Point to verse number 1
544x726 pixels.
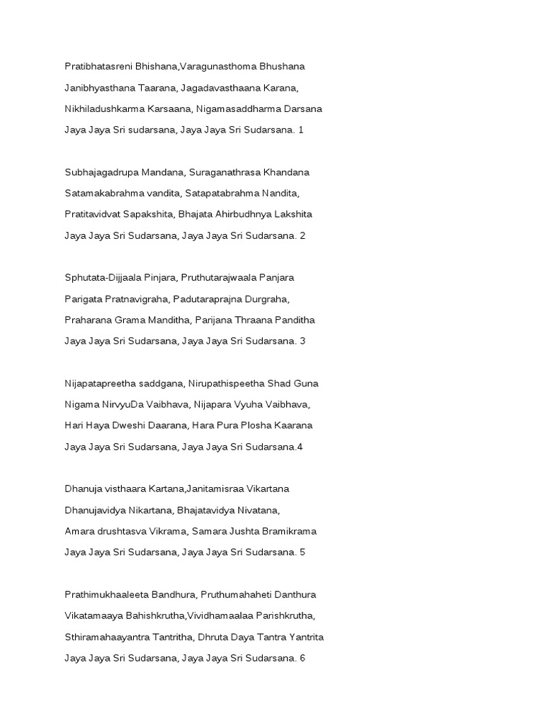coord(300,130)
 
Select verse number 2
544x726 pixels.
coord(302,235)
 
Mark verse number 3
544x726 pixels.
coord(302,341)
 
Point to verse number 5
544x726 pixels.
coord(302,552)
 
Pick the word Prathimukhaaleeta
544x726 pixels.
coord(106,595)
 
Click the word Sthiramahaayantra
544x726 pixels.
coord(108,637)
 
